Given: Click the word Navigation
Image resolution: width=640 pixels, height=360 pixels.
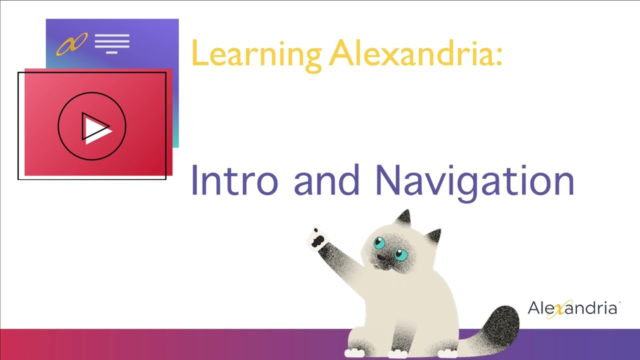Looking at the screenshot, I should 474,181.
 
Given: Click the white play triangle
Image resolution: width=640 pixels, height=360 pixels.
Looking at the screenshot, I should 95,128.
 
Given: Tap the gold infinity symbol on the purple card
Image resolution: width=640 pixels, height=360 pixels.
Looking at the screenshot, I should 71,43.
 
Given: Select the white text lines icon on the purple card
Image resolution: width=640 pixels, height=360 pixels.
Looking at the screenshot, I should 112,43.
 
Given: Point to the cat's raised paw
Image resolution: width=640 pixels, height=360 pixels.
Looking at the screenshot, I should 316,238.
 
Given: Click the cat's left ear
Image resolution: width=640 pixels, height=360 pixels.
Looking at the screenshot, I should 403,218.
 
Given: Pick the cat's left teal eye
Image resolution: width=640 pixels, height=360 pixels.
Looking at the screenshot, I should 380,243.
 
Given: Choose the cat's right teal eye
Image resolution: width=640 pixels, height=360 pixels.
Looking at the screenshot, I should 400,254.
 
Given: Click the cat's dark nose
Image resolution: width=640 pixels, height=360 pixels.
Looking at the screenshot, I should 382,257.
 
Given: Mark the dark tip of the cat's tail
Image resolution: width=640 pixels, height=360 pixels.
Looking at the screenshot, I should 501,323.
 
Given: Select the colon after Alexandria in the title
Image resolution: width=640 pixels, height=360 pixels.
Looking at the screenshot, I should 497,55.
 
